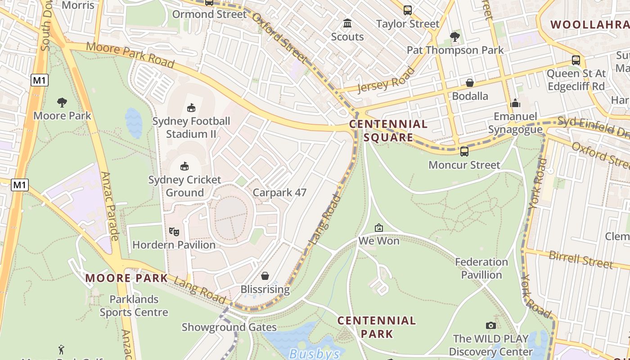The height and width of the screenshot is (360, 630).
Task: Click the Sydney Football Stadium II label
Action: tap(191, 127)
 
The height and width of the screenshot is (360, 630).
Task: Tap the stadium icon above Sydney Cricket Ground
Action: tap(184, 166)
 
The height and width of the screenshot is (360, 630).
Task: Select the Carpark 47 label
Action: tap(279, 193)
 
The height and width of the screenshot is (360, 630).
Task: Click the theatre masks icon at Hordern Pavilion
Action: tap(174, 232)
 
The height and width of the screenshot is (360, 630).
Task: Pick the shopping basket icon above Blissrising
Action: tap(265, 275)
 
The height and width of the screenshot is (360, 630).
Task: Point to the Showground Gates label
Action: tap(223, 327)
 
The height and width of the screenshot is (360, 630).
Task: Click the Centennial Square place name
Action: tap(388, 130)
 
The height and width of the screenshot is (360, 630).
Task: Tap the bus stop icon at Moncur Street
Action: tap(464, 152)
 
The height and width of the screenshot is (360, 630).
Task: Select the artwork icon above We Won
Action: tap(379, 228)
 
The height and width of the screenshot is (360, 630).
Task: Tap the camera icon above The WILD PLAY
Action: tap(490, 325)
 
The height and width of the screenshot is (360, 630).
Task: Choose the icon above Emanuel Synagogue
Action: tap(515, 103)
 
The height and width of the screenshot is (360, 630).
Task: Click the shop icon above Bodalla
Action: tap(470, 83)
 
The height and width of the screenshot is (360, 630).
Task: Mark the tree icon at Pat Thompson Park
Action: tap(455, 36)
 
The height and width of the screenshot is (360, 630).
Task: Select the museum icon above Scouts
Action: tap(347, 23)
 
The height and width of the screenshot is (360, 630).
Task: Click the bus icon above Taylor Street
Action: tap(408, 10)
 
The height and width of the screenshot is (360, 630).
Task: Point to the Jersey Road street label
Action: tap(386, 80)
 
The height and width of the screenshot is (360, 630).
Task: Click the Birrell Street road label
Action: tap(580, 259)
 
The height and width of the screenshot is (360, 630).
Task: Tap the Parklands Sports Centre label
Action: tap(134, 306)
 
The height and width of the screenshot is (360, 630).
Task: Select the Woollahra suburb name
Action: tap(590, 25)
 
